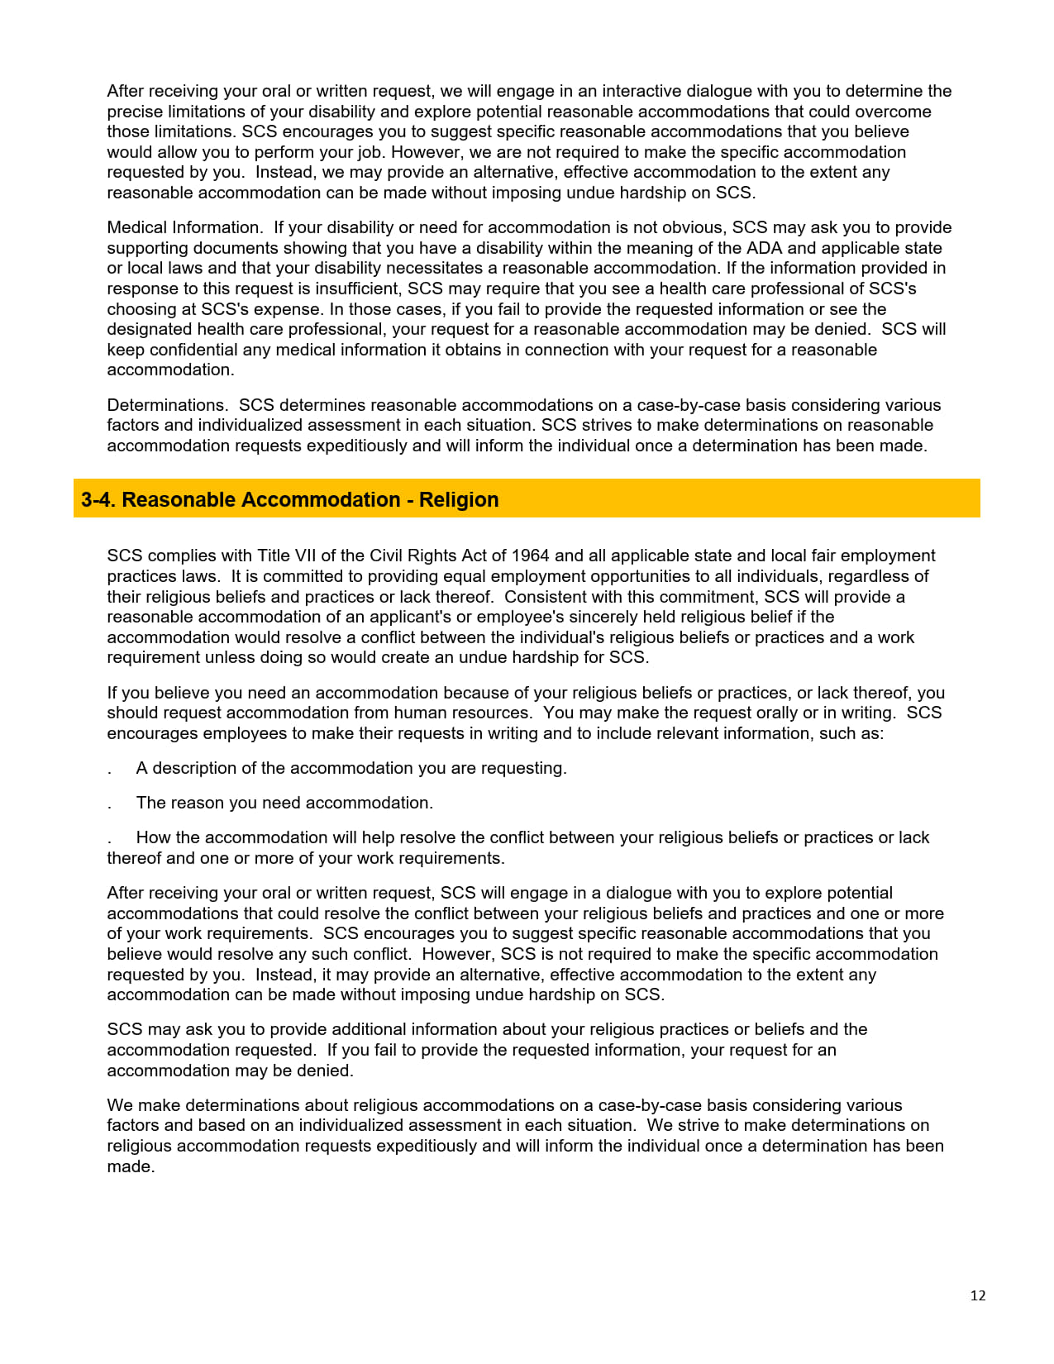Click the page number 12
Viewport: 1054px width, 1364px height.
978,1295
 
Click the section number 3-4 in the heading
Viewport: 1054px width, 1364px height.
98,499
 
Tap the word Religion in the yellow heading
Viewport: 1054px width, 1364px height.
459,499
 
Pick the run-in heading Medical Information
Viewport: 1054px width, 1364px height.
184,227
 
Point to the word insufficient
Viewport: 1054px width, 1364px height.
358,289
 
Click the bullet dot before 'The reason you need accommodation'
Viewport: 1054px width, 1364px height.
109,804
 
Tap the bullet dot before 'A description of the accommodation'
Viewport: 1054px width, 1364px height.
109,770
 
